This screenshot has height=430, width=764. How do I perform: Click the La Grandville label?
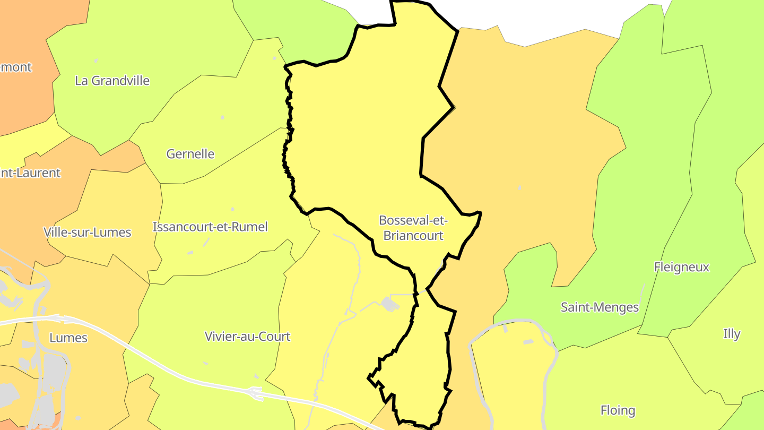tap(112, 81)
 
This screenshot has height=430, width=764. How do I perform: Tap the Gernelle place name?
tap(190, 154)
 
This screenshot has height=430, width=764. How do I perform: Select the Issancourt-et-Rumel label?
tap(210, 227)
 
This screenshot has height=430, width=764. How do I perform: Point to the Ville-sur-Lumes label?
tap(87, 232)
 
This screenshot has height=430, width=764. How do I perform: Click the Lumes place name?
tap(68, 338)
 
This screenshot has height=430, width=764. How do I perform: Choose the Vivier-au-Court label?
tap(247, 337)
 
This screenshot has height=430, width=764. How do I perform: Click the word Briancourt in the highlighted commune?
tap(413, 235)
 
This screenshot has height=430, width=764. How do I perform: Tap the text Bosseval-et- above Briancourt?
tap(413, 220)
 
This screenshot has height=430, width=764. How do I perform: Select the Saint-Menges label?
tap(600, 307)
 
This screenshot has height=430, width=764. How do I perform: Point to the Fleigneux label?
tap(681, 267)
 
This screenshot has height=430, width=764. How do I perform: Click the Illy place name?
tap(732, 334)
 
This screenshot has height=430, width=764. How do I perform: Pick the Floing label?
tap(618, 410)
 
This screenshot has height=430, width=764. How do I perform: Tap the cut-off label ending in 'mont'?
tap(16, 67)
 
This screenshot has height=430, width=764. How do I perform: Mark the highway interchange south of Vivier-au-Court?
tap(256, 393)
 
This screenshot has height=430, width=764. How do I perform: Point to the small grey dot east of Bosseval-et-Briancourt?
tap(519, 187)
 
